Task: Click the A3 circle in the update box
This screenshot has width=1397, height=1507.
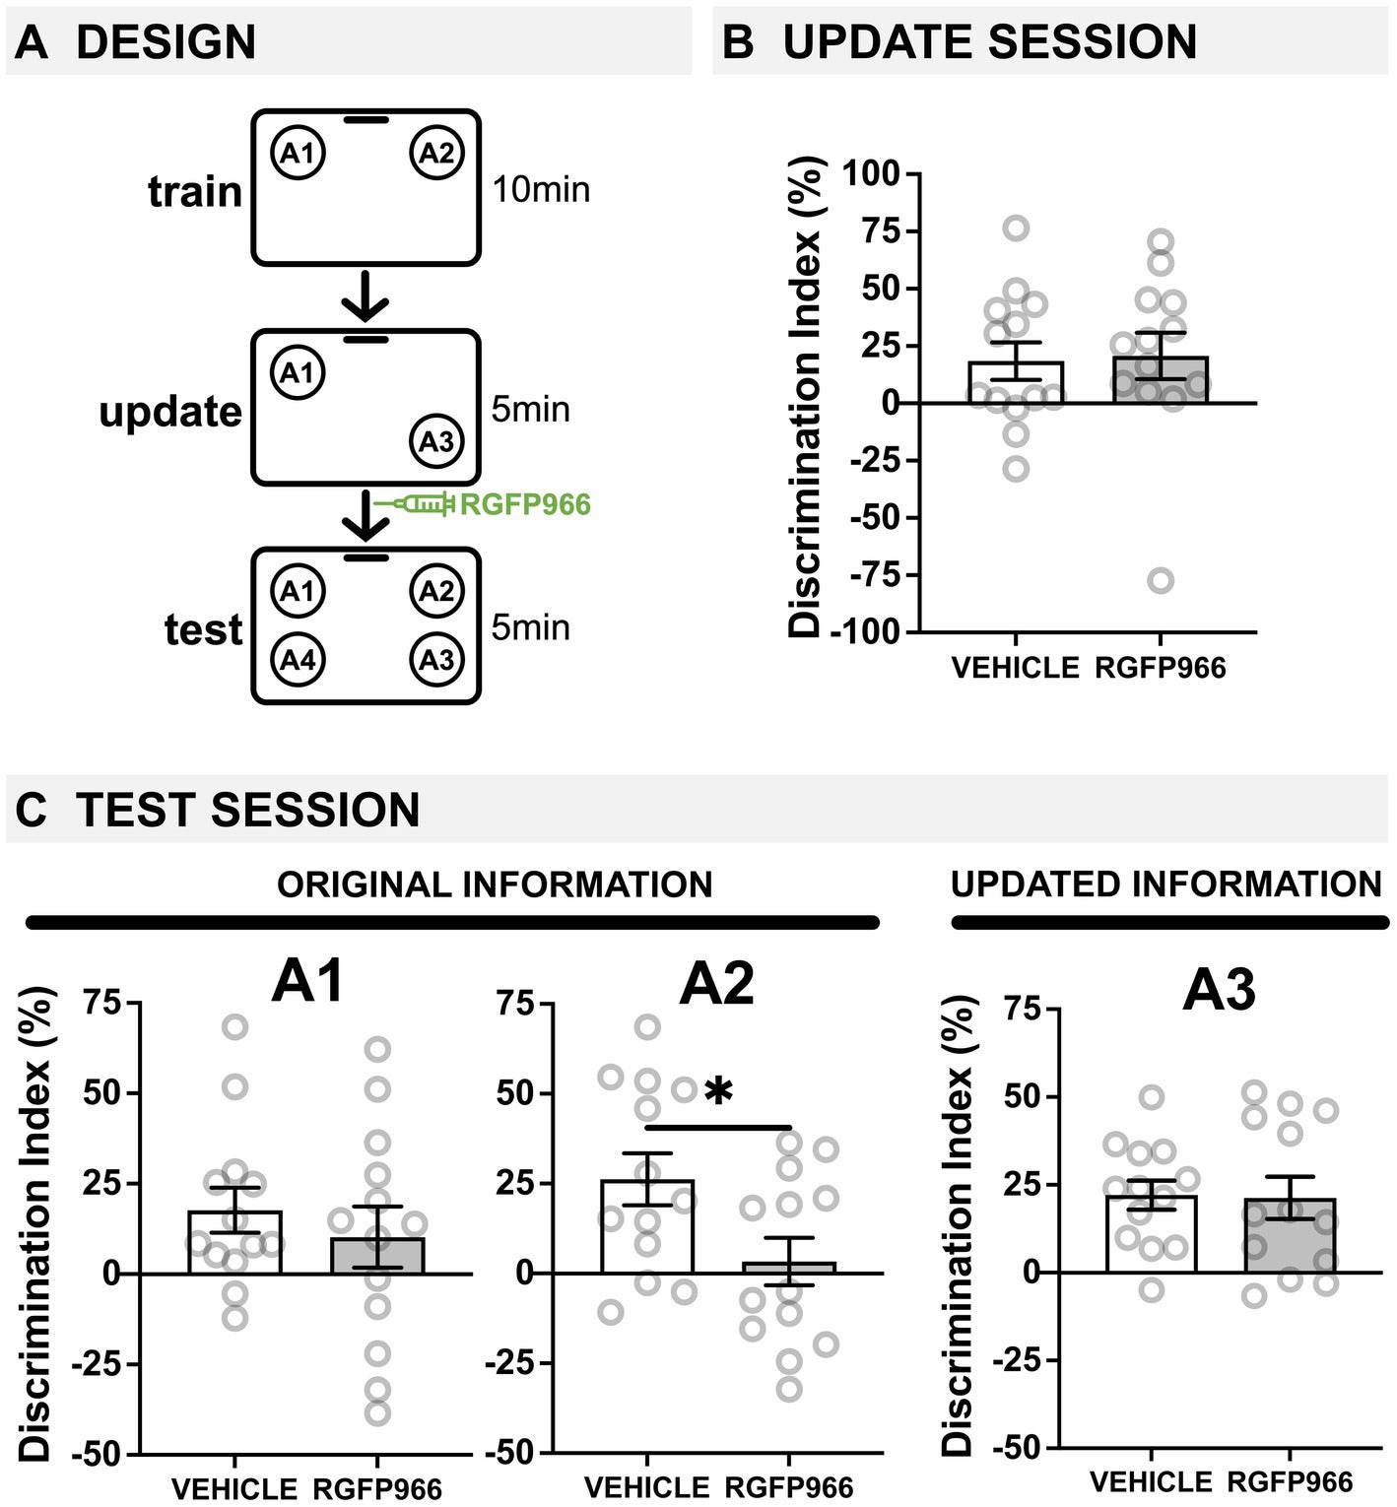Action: pyautogui.click(x=436, y=441)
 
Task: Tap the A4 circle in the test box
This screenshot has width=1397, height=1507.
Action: pyautogui.click(x=298, y=659)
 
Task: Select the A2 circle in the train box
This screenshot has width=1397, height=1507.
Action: pyautogui.click(x=436, y=154)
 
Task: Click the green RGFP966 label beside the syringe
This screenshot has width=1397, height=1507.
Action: pyautogui.click(x=526, y=505)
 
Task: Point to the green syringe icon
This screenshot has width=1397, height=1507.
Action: pyautogui.click(x=415, y=504)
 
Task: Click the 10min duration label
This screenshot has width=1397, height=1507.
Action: pyautogui.click(x=541, y=188)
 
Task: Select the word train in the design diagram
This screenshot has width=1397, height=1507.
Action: pyautogui.click(x=195, y=191)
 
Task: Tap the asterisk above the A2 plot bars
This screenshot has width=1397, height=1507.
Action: pyautogui.click(x=719, y=1092)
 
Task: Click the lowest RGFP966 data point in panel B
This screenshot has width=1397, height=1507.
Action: pyautogui.click(x=1161, y=580)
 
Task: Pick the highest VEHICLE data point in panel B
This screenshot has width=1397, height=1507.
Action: pyautogui.click(x=1016, y=229)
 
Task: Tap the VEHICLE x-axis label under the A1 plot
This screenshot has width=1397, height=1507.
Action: pyautogui.click(x=234, y=1487)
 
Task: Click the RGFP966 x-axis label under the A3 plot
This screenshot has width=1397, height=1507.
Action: pyautogui.click(x=1290, y=1482)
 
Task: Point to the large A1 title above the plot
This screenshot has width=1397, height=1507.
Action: pyautogui.click(x=308, y=983)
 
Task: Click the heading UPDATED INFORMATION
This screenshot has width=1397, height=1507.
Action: pyautogui.click(x=1165, y=885)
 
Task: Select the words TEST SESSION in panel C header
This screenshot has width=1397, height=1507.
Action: pyautogui.click(x=248, y=810)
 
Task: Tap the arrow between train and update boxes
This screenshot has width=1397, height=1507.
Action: pyautogui.click(x=366, y=295)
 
